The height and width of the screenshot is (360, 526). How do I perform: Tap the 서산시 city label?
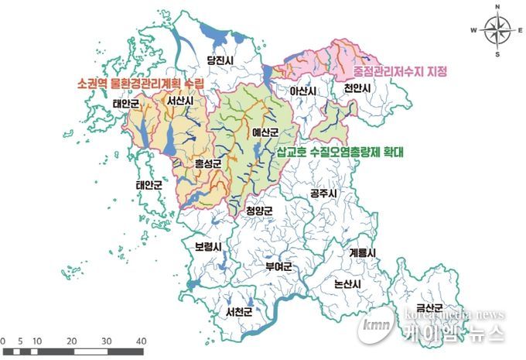(179, 101)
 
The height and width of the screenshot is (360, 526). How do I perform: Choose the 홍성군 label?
(207, 163)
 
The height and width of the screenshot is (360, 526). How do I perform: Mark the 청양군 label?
(260, 210)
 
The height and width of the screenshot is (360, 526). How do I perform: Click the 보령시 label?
(207, 248)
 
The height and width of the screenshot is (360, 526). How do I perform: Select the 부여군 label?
(277, 267)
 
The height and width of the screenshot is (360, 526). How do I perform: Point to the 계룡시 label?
(362, 253)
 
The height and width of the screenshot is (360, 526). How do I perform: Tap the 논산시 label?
(347, 284)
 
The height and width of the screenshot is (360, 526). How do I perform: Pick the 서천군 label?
(240, 313)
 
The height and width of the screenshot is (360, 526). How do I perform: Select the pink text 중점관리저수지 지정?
(395, 72)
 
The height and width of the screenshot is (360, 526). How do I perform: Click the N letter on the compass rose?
(499, 8)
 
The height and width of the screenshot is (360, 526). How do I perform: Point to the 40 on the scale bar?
(141, 341)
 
